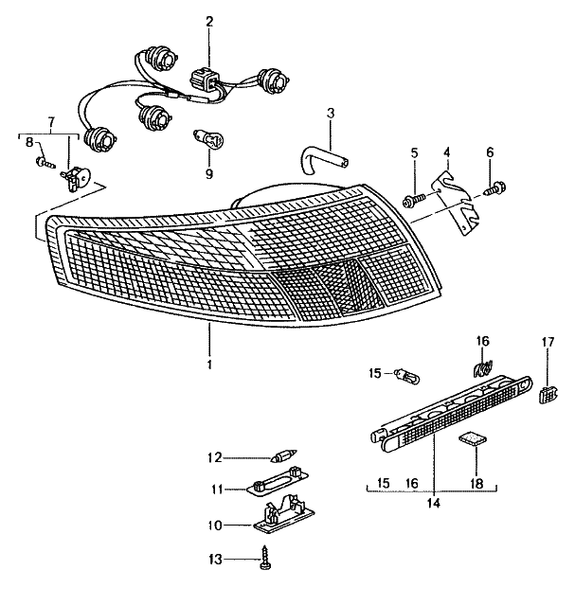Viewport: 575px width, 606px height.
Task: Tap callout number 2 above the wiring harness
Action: click(208, 21)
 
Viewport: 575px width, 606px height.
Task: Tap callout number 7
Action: click(51, 123)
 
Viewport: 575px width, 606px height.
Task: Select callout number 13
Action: click(217, 561)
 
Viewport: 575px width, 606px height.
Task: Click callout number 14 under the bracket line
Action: click(433, 505)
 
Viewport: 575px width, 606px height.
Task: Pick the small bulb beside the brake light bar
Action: click(407, 376)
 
